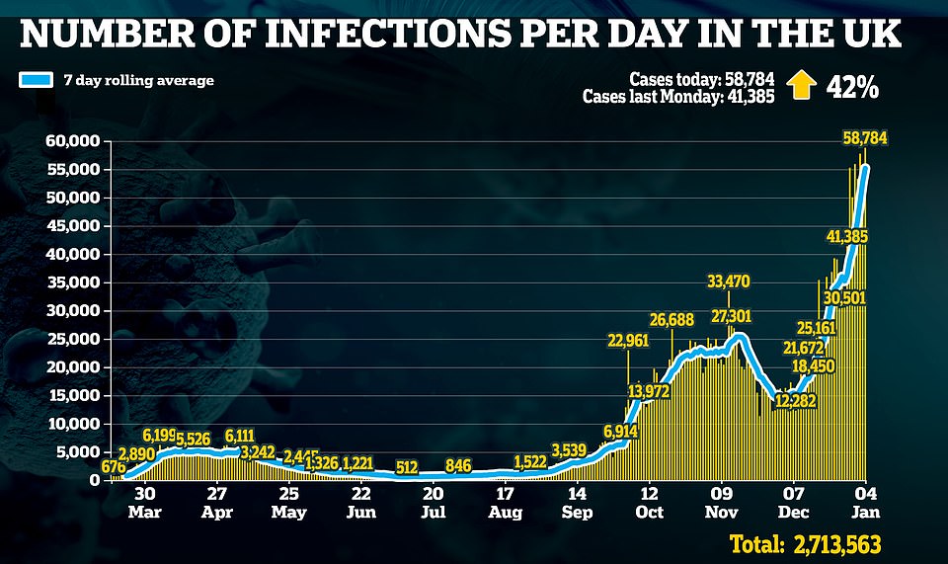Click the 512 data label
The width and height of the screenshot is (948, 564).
pos(407,465)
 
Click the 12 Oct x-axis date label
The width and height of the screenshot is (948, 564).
pos(649,503)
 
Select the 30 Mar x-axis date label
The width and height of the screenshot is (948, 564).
pos(144,503)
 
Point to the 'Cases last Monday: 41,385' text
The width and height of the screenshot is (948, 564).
pos(680,97)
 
